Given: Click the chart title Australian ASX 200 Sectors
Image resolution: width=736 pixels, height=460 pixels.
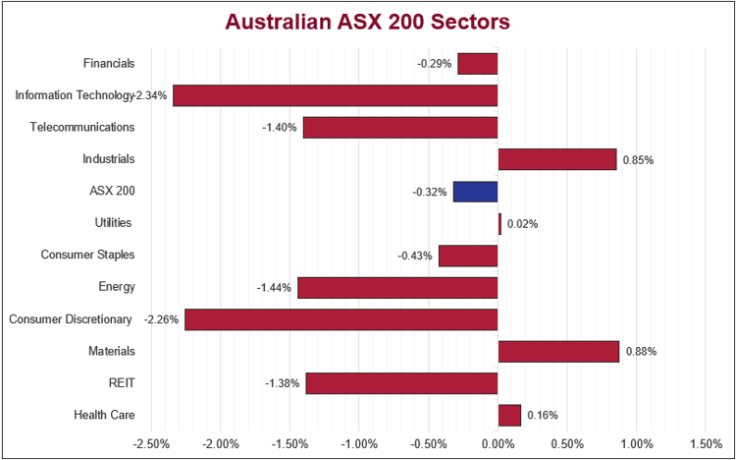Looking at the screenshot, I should (x=368, y=22).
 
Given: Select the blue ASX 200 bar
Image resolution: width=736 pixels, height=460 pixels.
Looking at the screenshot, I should (x=476, y=192).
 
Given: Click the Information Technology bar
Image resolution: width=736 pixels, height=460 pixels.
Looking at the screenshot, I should (x=336, y=95).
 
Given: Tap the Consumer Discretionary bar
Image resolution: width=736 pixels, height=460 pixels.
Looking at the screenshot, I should (x=342, y=319).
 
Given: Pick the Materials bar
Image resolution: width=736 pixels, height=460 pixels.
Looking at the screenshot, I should (x=558, y=351).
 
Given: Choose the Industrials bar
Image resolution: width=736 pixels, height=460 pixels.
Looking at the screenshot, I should (x=557, y=159).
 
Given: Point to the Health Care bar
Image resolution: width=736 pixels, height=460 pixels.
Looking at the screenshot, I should (x=509, y=415).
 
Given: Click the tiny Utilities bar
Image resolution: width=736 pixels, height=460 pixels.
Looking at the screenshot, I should (x=499, y=223).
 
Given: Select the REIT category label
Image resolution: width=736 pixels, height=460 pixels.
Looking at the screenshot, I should (x=122, y=382).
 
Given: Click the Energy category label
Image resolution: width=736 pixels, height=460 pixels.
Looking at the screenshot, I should (x=117, y=287).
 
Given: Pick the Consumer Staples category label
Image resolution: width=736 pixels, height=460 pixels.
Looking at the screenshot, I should (x=88, y=255).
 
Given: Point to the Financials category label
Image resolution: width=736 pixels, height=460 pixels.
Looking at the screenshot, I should (x=109, y=63).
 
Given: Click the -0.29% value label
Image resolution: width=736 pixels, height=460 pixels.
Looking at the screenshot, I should (x=435, y=64).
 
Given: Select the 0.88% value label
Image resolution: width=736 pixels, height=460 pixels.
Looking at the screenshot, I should (x=640, y=351).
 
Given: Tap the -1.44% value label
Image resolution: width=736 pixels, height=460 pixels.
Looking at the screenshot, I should (x=274, y=287).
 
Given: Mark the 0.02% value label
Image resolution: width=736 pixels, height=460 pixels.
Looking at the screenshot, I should (x=522, y=223).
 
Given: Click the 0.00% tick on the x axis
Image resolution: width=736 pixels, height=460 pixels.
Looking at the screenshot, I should (x=498, y=443).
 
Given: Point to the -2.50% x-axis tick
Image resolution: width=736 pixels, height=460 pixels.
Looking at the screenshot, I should (x=152, y=443).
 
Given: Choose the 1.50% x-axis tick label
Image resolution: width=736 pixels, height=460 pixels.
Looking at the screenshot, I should (x=705, y=443).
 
